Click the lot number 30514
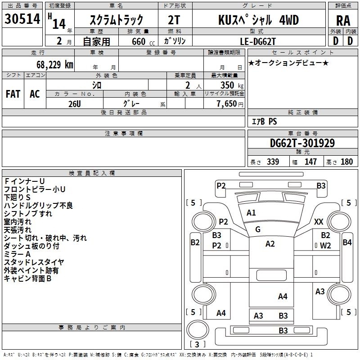click(22, 19)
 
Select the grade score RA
click(343, 21)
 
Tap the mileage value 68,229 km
click(55, 64)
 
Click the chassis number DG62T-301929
click(302, 143)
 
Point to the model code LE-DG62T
click(258, 41)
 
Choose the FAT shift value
click(13, 94)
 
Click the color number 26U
click(75, 104)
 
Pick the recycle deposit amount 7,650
click(227, 103)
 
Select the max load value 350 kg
click(232, 85)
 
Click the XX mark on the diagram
click(319, 221)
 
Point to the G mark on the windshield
click(258, 229)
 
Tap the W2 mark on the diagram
click(325, 246)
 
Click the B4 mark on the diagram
click(347, 242)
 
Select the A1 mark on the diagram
click(251, 213)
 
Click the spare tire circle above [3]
click(198, 330)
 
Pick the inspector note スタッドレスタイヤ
click(34, 262)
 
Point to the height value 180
click(346, 162)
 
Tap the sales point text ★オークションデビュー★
click(288, 63)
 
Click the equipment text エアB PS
click(265, 121)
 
